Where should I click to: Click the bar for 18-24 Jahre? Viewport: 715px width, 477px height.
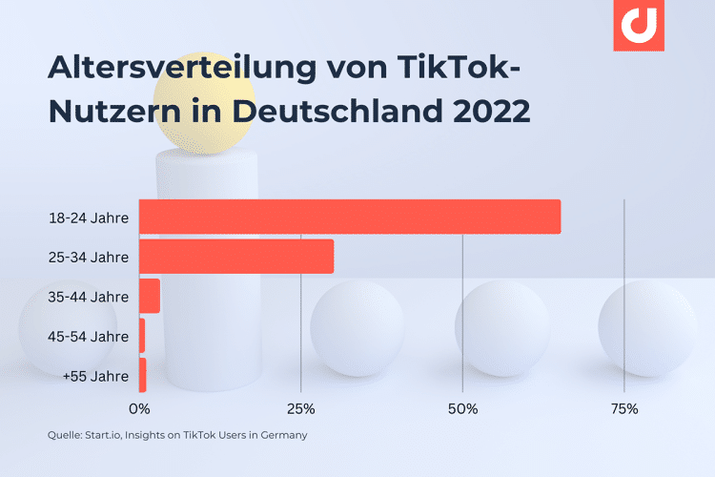point(350,217)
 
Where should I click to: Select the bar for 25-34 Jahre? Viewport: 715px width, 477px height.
point(236,257)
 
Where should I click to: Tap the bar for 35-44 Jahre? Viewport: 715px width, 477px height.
point(150,296)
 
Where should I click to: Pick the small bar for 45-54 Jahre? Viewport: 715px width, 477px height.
point(142,336)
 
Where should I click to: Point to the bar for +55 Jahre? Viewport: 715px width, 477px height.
point(142,375)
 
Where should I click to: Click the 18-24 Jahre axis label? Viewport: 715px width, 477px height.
point(88,218)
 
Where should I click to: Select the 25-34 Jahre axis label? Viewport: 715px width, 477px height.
point(88,257)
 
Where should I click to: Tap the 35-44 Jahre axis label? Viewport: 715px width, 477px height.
point(88,297)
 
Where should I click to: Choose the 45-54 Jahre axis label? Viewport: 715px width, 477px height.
point(88,336)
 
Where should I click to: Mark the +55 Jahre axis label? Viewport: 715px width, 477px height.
point(94,376)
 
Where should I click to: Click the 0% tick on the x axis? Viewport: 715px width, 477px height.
point(139,409)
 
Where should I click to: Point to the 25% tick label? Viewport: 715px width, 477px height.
point(300,409)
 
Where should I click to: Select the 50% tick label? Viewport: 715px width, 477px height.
point(462,409)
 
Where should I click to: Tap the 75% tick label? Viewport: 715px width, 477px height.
point(623,409)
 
